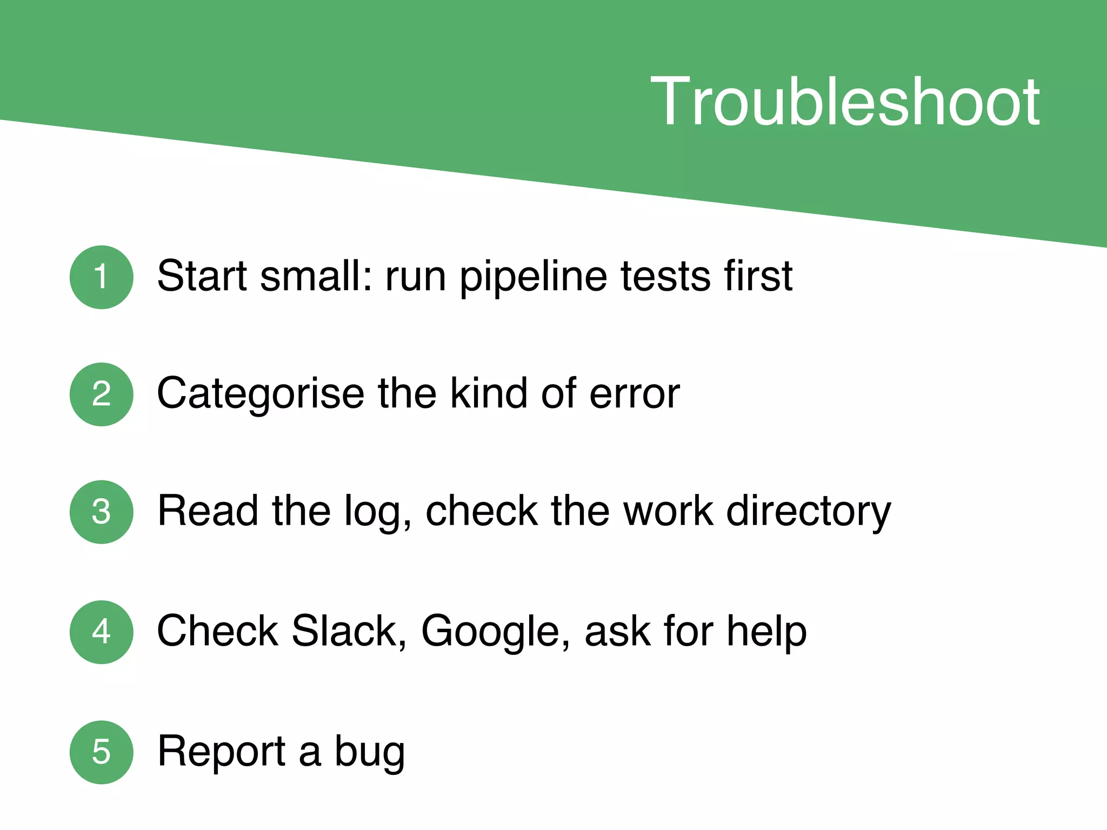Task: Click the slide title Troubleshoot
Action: point(844,102)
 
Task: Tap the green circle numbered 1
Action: point(102,277)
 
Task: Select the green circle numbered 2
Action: point(102,394)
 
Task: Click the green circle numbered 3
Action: point(102,511)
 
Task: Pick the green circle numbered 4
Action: point(102,632)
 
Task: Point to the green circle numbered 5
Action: point(102,752)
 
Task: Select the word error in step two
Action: point(634,394)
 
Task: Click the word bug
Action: point(369,752)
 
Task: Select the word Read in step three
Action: point(208,511)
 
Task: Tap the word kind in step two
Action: point(489,393)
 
